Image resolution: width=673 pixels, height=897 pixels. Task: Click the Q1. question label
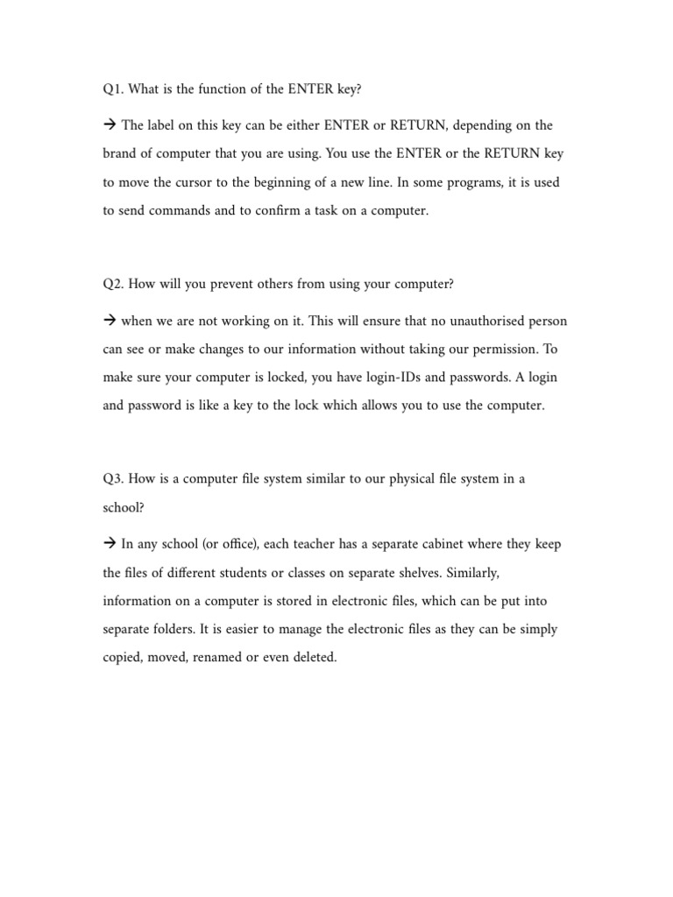(x=112, y=89)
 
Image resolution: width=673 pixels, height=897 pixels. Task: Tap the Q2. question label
(x=112, y=284)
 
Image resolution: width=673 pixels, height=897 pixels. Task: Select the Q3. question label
(x=112, y=478)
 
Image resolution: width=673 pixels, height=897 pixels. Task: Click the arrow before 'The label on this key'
(x=110, y=125)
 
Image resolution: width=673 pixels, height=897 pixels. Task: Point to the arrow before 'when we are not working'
(x=110, y=320)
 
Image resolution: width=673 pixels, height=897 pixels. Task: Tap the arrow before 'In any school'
(x=110, y=543)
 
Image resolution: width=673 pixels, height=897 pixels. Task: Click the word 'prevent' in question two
(x=217, y=284)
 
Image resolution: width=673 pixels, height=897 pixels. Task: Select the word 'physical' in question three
(x=405, y=478)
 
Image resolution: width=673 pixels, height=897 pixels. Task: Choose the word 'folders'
(x=173, y=629)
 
